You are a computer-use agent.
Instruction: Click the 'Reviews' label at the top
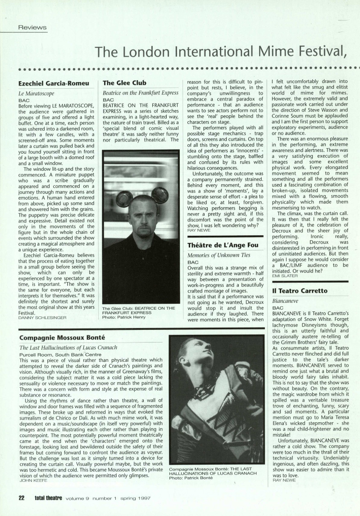[32, 27]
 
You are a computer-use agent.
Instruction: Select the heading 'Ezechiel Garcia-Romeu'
[54, 83]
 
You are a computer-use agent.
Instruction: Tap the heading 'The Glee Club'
[124, 83]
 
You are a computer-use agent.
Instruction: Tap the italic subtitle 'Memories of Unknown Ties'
[219, 256]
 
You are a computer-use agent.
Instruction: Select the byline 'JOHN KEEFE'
[33, 481]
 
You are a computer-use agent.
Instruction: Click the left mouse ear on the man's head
[124, 198]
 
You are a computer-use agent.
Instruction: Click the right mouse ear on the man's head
[159, 195]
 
